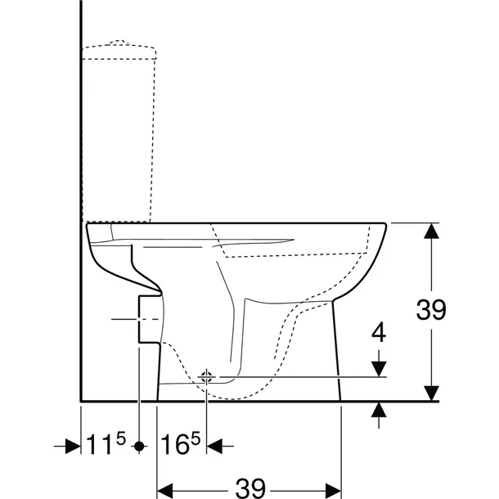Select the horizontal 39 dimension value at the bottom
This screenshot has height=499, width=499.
coord(249,488)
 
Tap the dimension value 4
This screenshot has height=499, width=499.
coord(377,333)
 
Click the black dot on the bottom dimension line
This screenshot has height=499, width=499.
coord(141,447)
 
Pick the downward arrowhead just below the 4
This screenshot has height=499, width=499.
coord(377,367)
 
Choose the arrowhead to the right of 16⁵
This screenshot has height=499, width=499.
coord(216,447)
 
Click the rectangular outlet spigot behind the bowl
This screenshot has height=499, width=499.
coord(149,318)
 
